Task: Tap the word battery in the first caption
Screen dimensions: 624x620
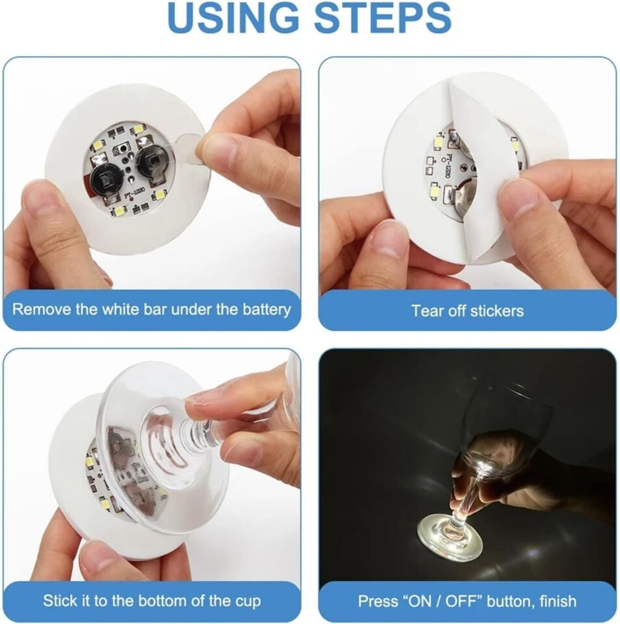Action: click(262, 309)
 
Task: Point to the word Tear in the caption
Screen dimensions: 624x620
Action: click(426, 311)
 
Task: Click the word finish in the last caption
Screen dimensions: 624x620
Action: click(553, 601)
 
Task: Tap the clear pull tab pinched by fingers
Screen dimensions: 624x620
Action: click(188, 146)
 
